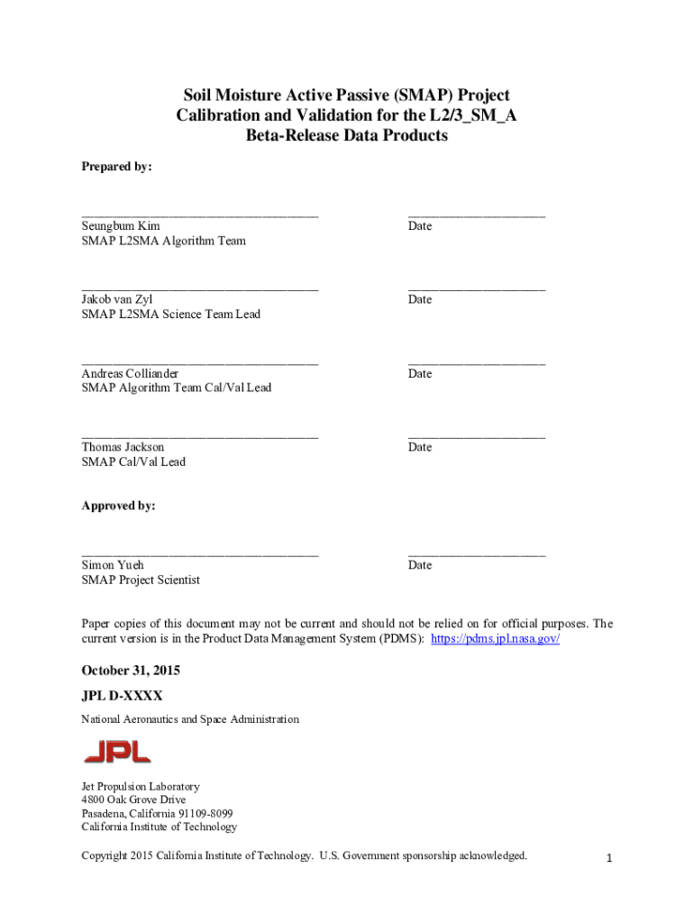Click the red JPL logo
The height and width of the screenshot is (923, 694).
click(x=117, y=751)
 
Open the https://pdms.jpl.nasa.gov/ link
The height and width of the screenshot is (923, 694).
click(x=496, y=638)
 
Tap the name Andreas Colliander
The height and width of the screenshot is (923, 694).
click(x=130, y=373)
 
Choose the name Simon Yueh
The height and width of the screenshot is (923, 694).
click(x=114, y=565)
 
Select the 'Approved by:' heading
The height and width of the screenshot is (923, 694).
click(x=118, y=507)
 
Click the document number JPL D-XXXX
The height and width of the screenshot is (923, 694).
click(x=122, y=697)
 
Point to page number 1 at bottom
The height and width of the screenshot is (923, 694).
click(x=609, y=859)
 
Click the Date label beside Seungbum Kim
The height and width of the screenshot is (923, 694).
click(x=419, y=226)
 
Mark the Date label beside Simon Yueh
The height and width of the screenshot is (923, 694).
click(x=419, y=565)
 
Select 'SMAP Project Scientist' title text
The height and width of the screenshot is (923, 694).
click(x=141, y=580)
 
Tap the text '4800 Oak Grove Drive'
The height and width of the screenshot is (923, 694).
click(x=133, y=800)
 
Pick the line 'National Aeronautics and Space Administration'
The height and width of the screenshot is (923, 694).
click(x=190, y=720)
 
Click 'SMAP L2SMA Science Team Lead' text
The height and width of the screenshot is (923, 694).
click(x=171, y=315)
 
